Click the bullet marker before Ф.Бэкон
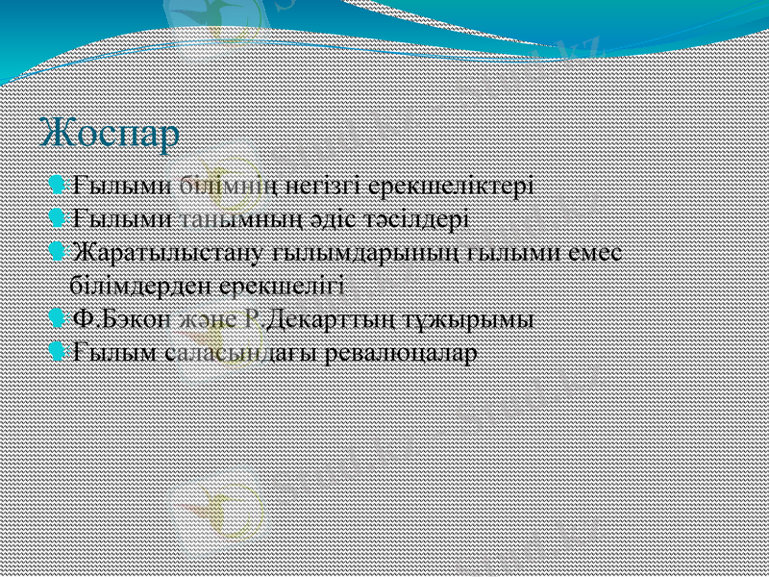57,317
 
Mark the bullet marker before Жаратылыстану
57,251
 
